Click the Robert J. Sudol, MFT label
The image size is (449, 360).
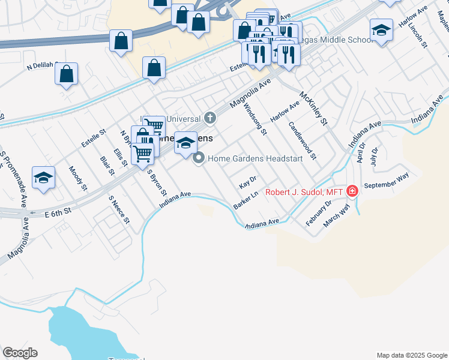[x=303, y=192]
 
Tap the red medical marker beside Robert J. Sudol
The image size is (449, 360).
[x=352, y=191]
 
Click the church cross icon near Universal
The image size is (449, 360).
[x=210, y=118]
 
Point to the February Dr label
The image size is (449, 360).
[x=319, y=212]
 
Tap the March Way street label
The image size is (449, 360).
[x=337, y=215]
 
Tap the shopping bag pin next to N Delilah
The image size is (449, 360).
[x=66, y=74]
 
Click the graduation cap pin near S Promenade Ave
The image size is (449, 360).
[x=43, y=178]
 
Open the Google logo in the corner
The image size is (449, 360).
[x=20, y=353]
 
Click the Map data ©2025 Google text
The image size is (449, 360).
[x=411, y=355]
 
